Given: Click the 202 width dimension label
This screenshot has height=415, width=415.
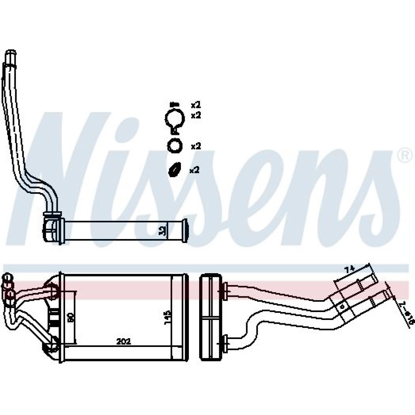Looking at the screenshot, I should click(x=124, y=342).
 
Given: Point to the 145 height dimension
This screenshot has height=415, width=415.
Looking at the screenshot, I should click(x=167, y=317).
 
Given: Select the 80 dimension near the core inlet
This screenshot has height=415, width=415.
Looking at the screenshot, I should click(x=71, y=318).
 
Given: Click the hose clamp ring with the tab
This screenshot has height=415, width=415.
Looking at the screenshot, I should click(x=174, y=119).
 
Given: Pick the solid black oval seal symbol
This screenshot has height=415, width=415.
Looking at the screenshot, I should click(x=174, y=169).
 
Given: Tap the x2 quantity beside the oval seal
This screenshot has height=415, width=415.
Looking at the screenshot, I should click(x=195, y=170).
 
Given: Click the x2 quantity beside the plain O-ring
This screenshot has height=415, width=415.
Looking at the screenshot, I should click(x=196, y=146).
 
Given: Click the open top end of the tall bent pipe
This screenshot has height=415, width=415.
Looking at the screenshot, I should click(x=10, y=54).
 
